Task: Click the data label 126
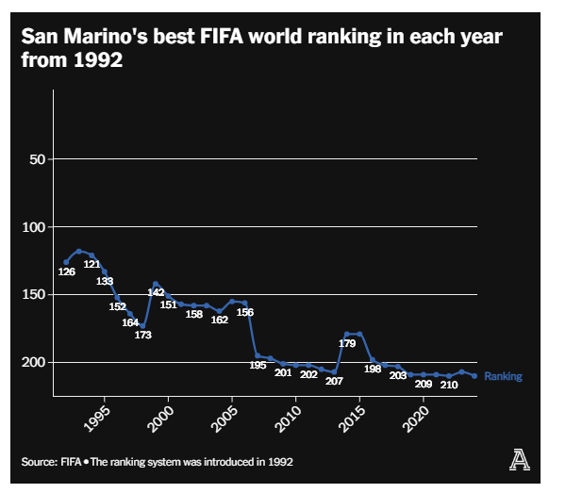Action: (x=66, y=271)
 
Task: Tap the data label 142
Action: (x=156, y=292)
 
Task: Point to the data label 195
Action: (x=258, y=365)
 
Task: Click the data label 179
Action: (x=346, y=343)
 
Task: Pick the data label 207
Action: (x=334, y=381)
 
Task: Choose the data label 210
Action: (x=449, y=385)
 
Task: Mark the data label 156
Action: (x=244, y=312)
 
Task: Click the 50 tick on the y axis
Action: (x=38, y=159)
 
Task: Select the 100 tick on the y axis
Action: (x=34, y=227)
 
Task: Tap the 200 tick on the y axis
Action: (x=34, y=363)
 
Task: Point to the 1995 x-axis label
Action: (x=97, y=418)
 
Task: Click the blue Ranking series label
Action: (x=503, y=376)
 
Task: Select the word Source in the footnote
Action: (x=36, y=462)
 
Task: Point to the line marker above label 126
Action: (x=66, y=262)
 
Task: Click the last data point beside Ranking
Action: (x=474, y=376)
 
